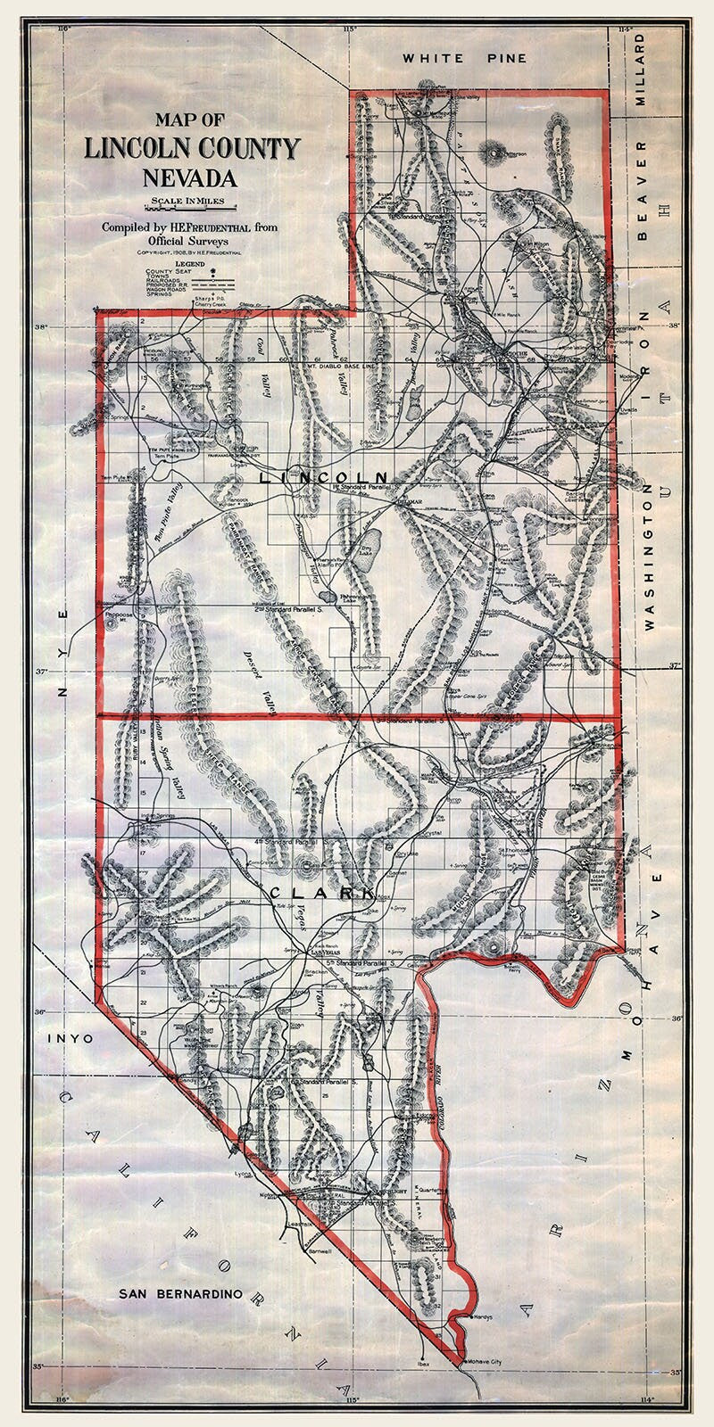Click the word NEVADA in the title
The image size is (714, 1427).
coord(189,172)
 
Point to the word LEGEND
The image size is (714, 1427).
coord(189,265)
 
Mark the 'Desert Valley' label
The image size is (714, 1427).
coord(258,685)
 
